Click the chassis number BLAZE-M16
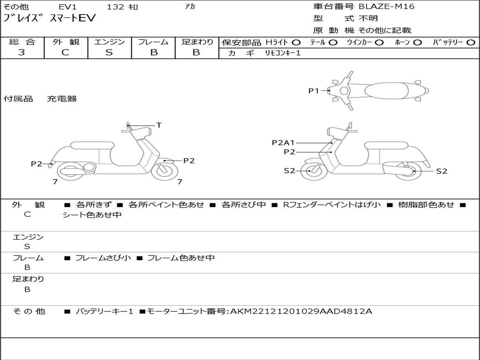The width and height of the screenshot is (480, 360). point(387,7)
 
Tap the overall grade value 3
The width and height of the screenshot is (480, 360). point(22,52)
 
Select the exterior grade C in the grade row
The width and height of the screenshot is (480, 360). point(65,52)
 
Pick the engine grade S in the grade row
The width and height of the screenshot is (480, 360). point(109,52)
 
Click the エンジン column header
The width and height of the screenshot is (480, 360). point(109,42)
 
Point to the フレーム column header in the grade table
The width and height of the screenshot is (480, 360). point(153,42)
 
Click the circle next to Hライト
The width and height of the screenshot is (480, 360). point(296,42)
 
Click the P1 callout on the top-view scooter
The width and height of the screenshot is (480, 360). point(314,91)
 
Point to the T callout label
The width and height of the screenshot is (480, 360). point(159,125)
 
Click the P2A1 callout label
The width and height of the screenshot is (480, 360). point(283,142)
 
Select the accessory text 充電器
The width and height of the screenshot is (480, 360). point(61,99)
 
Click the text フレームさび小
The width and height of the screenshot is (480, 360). point(103,258)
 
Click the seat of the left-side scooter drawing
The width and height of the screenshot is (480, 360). point(91,145)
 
